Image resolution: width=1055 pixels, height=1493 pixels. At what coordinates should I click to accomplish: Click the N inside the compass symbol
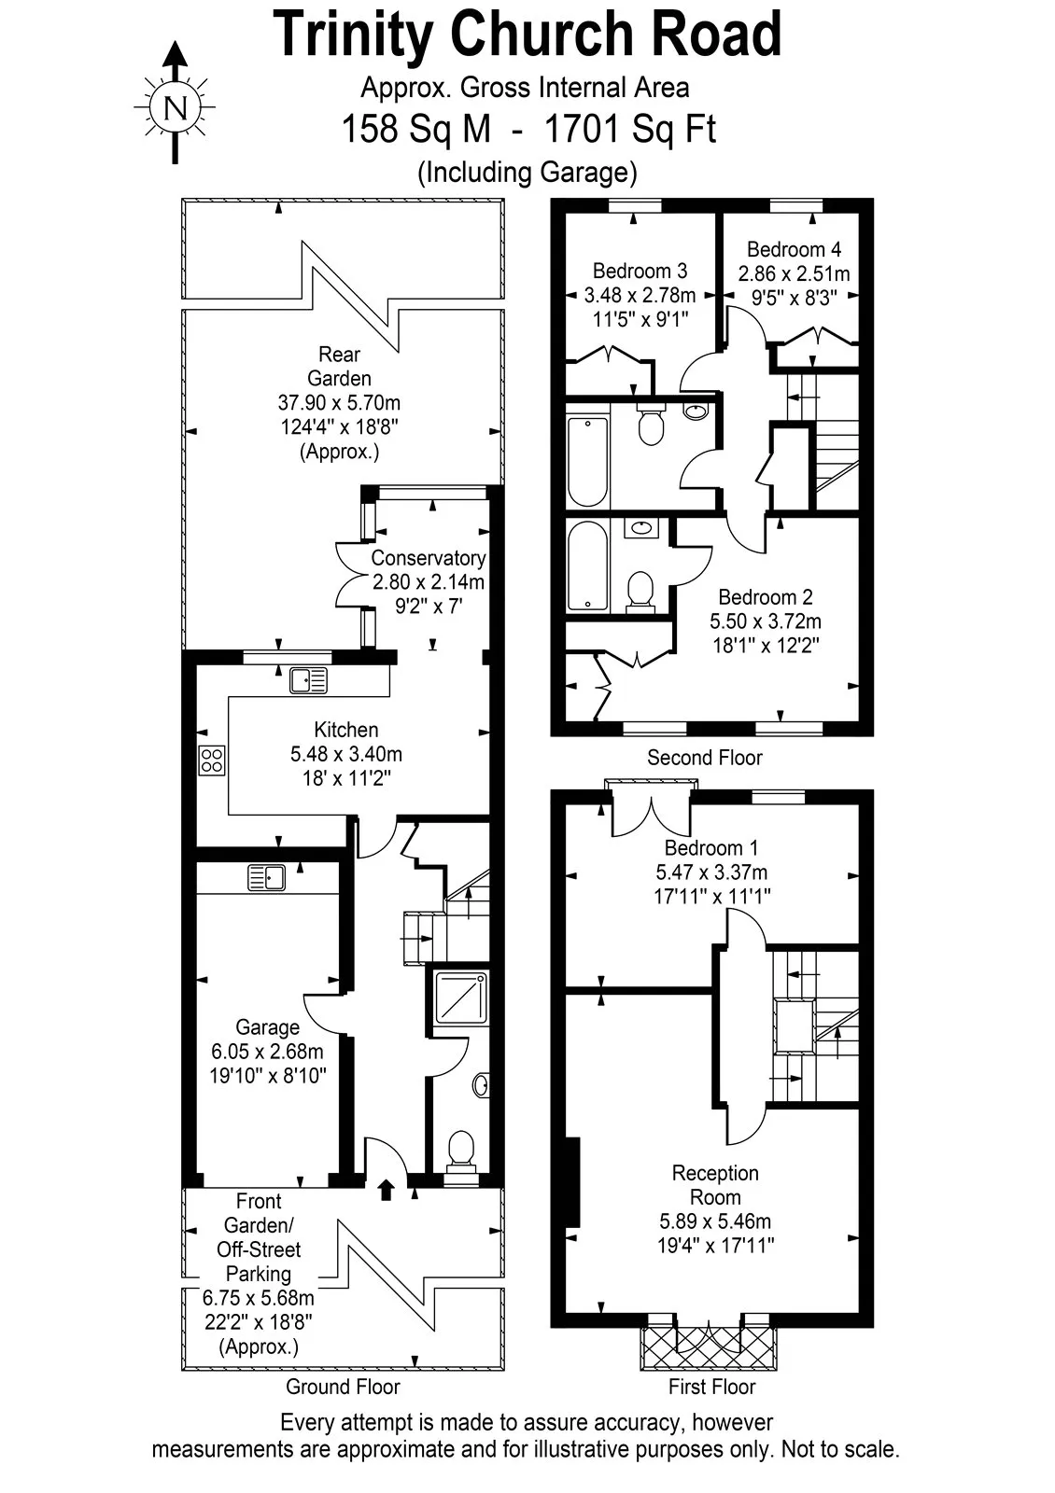point(176,107)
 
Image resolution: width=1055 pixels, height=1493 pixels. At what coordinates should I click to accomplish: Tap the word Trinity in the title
point(353,35)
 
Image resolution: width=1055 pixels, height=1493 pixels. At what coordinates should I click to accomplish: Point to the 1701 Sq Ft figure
point(630,129)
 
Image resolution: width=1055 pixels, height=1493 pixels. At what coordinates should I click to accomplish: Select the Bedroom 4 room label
point(794,249)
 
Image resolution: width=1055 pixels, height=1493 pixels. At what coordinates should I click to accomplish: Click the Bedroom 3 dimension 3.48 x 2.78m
point(640,295)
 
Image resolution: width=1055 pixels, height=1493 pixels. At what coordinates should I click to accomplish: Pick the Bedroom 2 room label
point(765,596)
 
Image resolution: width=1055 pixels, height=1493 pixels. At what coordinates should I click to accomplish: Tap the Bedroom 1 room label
point(710,848)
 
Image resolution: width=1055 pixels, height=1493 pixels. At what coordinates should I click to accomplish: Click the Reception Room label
point(715,1185)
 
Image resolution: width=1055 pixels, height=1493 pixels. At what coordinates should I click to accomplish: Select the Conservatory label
point(429,557)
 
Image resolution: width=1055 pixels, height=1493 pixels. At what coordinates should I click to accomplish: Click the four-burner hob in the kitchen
point(211,760)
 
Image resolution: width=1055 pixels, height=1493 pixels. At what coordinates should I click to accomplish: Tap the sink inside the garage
point(266,878)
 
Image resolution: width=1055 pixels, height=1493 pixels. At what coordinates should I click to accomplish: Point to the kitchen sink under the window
point(308,680)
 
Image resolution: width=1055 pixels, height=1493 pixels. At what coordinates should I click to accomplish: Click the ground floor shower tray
point(460,998)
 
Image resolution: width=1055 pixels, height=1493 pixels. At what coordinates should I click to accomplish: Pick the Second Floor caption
point(704,758)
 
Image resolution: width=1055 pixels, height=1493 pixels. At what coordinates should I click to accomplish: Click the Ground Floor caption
point(343,1387)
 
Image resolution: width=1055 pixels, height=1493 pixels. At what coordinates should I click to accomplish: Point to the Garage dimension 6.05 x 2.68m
point(267,1052)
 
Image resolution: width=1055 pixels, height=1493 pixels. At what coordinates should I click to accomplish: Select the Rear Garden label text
point(340,366)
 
